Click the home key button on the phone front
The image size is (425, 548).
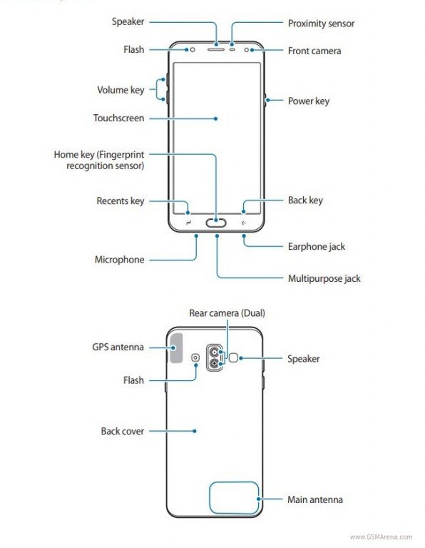216,223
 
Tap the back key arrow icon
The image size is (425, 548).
243,223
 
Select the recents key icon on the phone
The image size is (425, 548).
188,223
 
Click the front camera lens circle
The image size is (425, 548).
247,50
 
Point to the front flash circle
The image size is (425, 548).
193,50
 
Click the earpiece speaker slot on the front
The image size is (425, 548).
216,50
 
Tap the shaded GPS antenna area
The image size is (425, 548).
176,348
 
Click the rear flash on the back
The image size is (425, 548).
195,357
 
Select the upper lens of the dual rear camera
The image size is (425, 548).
214,352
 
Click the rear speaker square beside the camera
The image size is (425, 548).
234,357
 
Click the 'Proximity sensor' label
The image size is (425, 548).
321,24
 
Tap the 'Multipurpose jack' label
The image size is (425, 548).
324,278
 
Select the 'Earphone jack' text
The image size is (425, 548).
317,247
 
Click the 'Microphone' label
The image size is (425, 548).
119,260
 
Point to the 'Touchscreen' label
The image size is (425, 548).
119,118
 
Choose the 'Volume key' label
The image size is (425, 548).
121,90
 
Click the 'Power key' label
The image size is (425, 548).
309,101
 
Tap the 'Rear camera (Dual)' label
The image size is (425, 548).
227,313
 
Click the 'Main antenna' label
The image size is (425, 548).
315,499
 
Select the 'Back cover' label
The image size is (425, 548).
123,431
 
